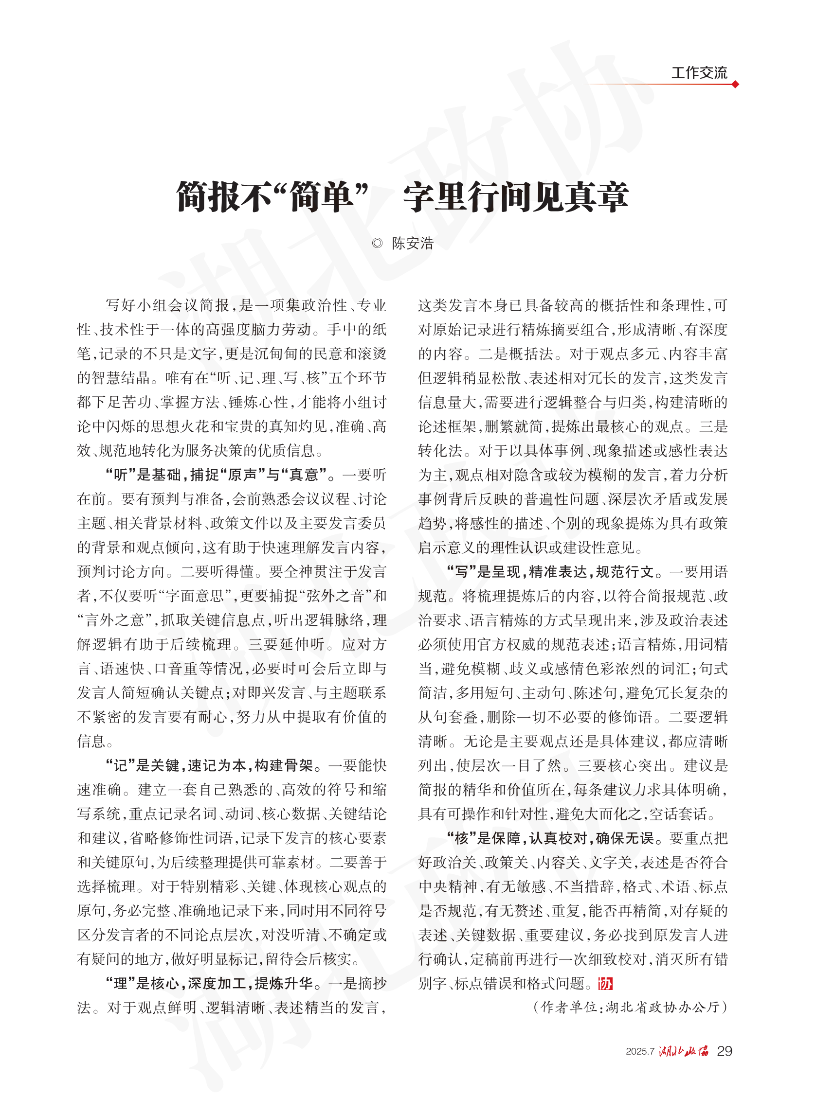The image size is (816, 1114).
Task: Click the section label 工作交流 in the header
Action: pyautogui.click(x=698, y=73)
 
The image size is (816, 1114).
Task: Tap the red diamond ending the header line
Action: pyautogui.click(x=735, y=85)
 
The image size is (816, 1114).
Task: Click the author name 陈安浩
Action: pyautogui.click(x=413, y=243)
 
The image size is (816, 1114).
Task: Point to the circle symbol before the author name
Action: pyautogui.click(x=378, y=243)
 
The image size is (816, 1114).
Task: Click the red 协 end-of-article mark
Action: pyautogui.click(x=605, y=984)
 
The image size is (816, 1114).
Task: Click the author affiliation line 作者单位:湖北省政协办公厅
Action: pyautogui.click(x=631, y=1007)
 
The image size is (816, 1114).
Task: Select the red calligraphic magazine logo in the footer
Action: pyautogui.click(x=683, y=1051)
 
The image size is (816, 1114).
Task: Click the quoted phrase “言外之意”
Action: pyautogui.click(x=111, y=620)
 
